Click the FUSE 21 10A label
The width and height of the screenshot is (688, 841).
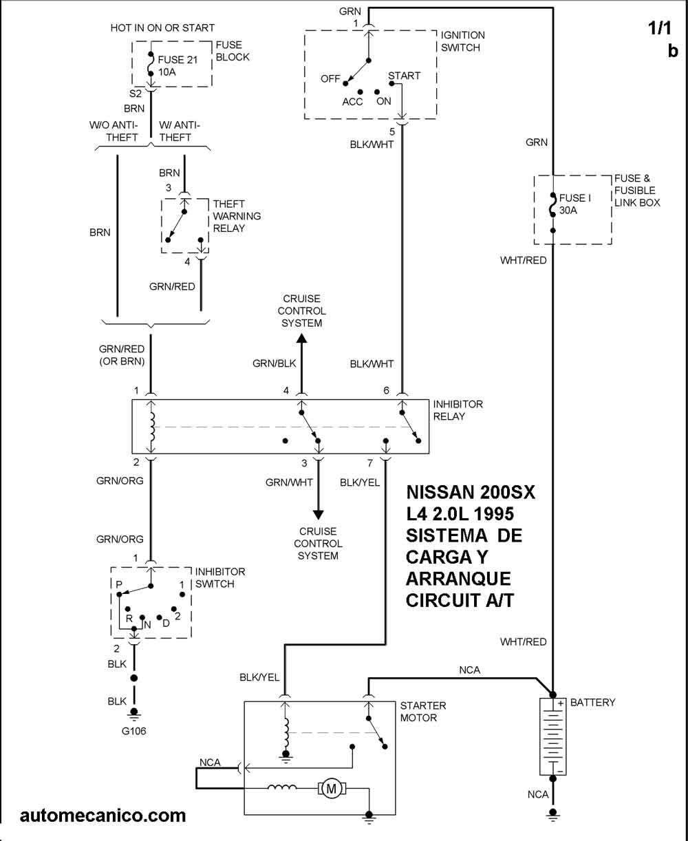click(x=178, y=65)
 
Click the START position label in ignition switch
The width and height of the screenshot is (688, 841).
click(x=404, y=76)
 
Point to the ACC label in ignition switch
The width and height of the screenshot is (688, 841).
click(x=352, y=101)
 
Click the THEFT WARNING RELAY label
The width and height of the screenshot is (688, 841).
click(x=237, y=215)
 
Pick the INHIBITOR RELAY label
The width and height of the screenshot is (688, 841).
click(x=458, y=410)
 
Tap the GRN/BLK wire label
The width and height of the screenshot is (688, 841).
click(x=274, y=363)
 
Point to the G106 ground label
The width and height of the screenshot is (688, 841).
click(x=134, y=731)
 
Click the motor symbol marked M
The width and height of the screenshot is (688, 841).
click(x=331, y=789)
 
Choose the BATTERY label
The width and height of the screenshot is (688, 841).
click(x=592, y=703)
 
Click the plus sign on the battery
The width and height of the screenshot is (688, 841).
click(x=561, y=703)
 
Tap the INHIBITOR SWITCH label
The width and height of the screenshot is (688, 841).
click(x=220, y=578)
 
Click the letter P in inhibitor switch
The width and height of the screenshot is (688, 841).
click(x=119, y=584)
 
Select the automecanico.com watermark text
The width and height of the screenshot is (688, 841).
click(x=103, y=816)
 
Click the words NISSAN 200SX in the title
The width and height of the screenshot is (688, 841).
click(x=471, y=493)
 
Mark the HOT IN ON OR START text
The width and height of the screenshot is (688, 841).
click(x=162, y=28)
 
